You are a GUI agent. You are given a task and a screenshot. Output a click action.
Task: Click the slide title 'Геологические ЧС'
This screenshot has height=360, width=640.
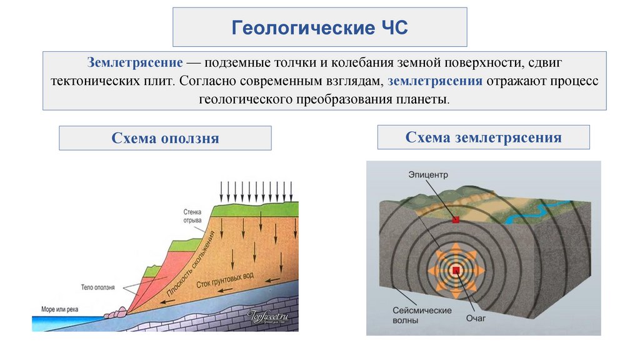point(319,27)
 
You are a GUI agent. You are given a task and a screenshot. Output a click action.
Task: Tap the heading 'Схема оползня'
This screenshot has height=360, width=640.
point(165,138)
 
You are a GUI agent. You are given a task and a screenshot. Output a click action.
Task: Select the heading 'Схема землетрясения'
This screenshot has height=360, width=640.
point(483,137)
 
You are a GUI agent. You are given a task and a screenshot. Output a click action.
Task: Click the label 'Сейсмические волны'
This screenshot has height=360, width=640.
point(414,315)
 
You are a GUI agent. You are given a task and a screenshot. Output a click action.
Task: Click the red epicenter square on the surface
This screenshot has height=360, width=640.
point(456,220)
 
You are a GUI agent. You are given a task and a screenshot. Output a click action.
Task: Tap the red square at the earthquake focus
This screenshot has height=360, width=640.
point(456,270)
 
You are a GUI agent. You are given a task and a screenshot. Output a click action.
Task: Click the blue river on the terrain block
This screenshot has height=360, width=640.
point(531,212)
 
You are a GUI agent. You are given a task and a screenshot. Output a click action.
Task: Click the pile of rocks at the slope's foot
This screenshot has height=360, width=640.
point(116,310)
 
